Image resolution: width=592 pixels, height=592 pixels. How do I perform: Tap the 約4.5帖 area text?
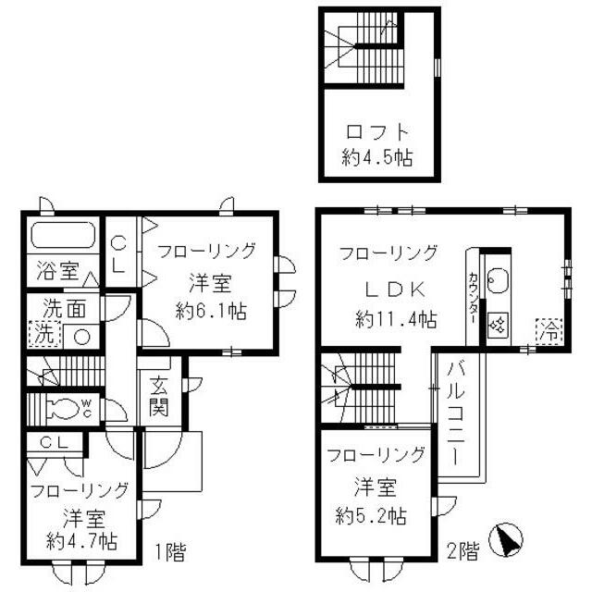coord(377,156)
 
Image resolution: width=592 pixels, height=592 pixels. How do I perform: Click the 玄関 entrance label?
coord(154,393)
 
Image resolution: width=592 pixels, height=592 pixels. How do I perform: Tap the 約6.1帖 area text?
coord(212,310)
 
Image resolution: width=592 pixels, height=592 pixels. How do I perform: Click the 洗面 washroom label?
coord(53,311)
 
